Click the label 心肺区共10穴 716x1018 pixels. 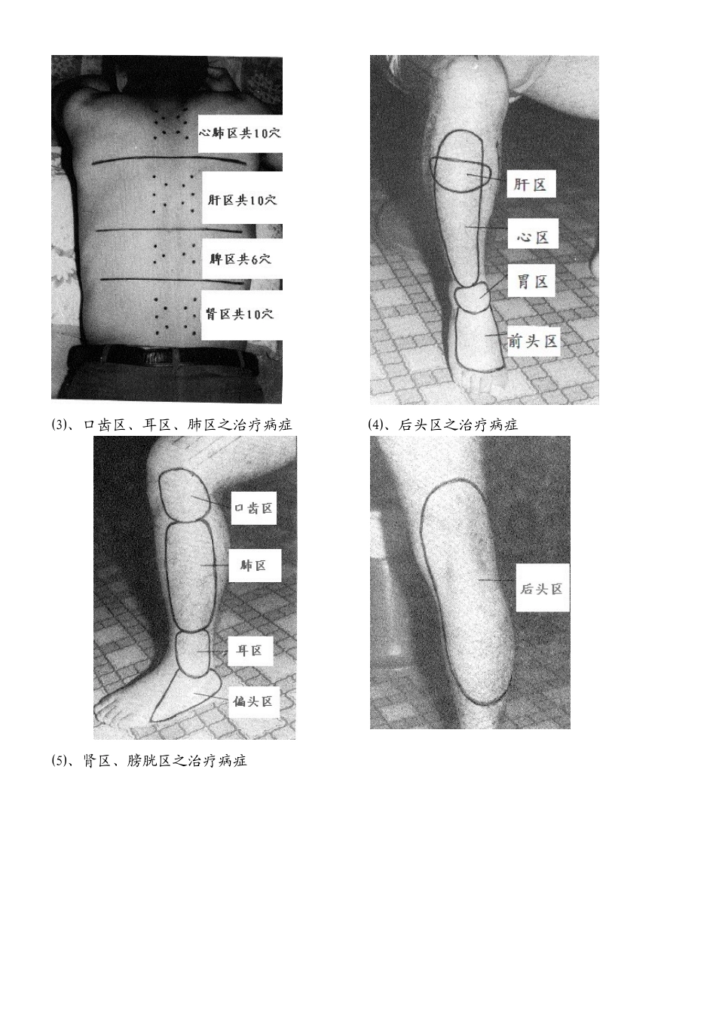(240, 133)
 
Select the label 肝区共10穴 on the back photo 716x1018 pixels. (242, 199)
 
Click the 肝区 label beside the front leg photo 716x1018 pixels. (531, 184)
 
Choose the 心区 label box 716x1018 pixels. (532, 238)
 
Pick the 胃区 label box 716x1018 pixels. (531, 281)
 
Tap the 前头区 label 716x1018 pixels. (532, 341)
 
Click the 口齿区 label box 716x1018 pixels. (253, 507)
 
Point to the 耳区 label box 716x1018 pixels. (250, 650)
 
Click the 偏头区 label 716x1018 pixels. (253, 701)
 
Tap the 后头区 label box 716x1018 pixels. (543, 588)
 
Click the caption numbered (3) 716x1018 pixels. (171, 425)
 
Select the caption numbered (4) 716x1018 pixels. (442, 425)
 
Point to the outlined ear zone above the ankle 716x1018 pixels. (193, 652)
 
